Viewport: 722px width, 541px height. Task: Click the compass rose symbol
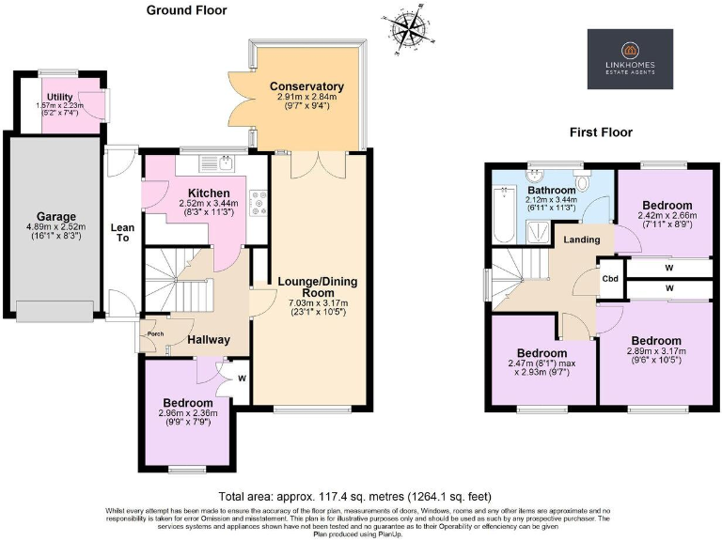tap(408, 30)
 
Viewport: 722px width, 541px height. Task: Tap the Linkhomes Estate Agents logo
tap(630, 58)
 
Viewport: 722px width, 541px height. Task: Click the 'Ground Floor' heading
tap(186, 10)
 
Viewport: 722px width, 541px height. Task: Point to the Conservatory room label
tap(306, 86)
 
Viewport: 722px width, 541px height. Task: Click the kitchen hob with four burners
tap(257, 203)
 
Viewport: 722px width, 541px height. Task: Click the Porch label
tap(149, 331)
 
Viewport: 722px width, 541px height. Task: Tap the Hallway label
tap(208, 340)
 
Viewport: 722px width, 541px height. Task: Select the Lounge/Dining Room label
tap(318, 286)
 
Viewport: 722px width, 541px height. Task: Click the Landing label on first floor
tap(582, 240)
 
